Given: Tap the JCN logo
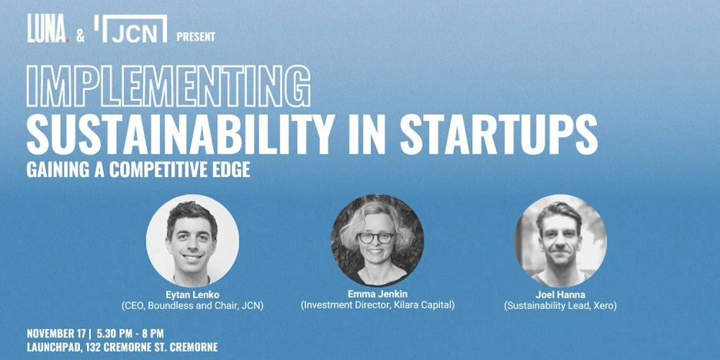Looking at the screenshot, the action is coord(131,28).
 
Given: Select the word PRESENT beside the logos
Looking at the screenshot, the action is coord(196,37).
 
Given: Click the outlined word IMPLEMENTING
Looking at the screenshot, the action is coord(168,86).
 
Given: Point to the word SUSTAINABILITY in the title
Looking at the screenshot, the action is coord(179,134).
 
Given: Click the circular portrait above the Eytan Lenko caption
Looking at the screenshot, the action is coord(192,241).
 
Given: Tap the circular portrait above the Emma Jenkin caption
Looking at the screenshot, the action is coord(378,241).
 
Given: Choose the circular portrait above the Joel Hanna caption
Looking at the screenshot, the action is coord(561,241).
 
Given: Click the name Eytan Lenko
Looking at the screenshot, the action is coord(192,295).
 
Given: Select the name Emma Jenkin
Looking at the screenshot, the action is coord(378,294).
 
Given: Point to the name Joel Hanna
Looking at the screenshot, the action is coord(560,295).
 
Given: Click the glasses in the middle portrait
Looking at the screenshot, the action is coord(376,238).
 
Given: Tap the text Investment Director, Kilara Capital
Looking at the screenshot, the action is coord(378,305).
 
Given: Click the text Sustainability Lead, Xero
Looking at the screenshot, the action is coord(560,306).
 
